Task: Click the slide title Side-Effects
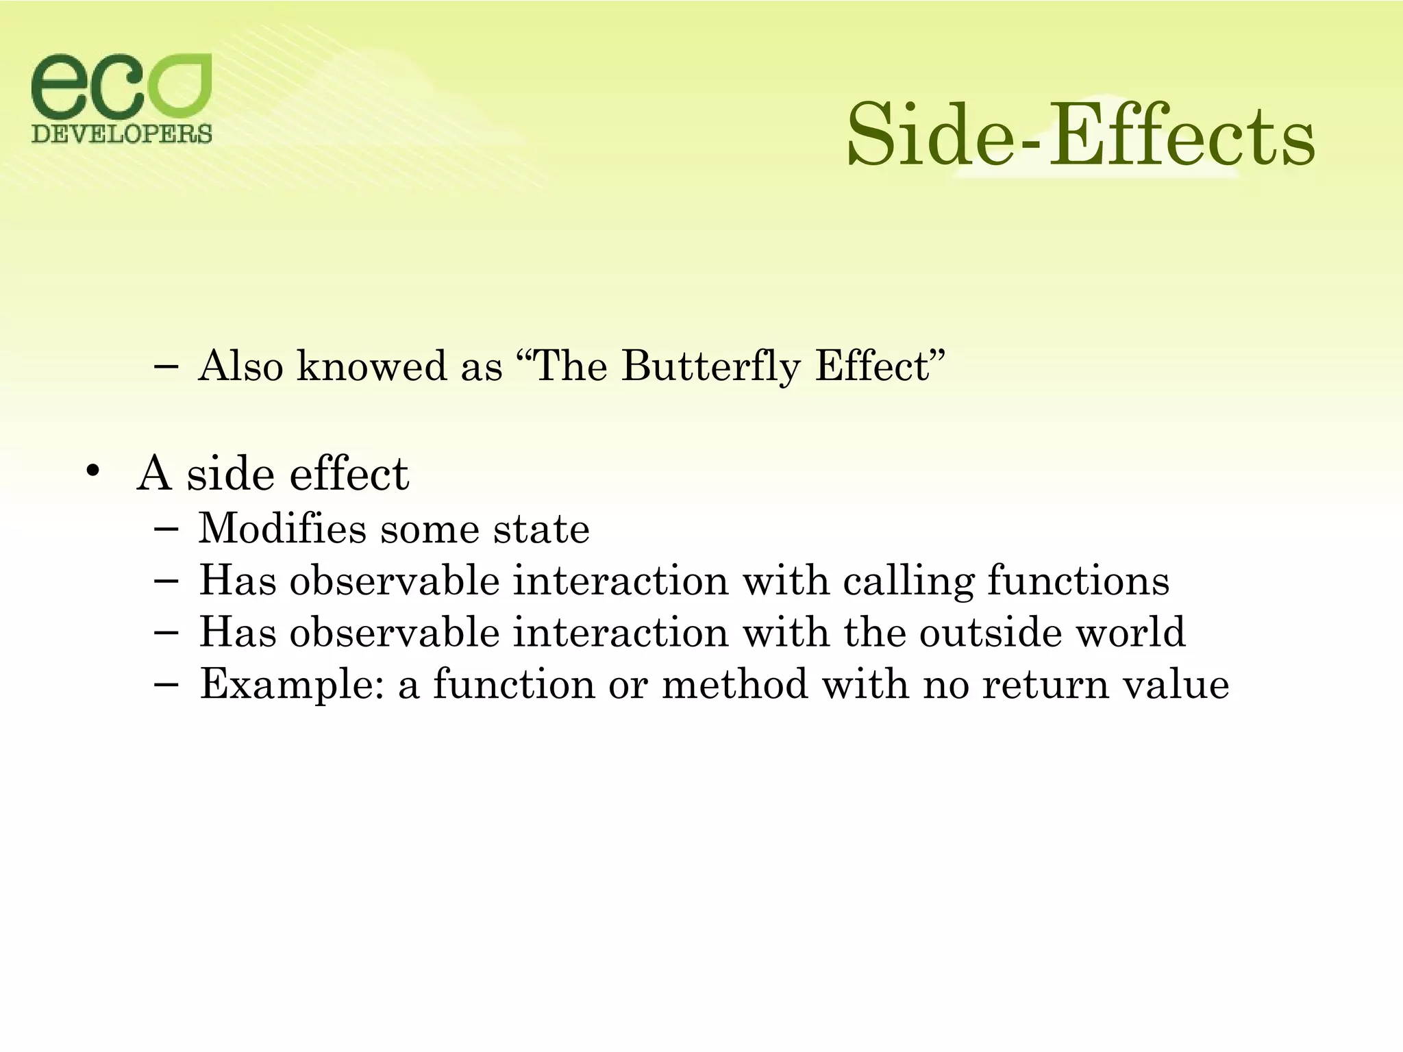click(1080, 134)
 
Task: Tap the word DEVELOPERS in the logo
click(122, 133)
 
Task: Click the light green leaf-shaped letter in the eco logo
click(179, 86)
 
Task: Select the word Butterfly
click(710, 366)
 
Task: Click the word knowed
click(371, 366)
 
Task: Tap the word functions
click(1078, 581)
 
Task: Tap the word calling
click(907, 581)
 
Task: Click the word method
click(735, 684)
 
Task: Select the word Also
click(240, 366)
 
